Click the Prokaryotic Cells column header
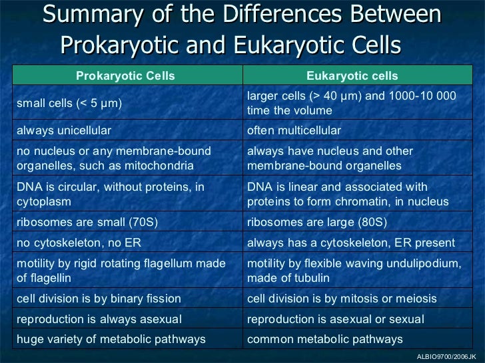[125, 76]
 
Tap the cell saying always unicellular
[64, 130]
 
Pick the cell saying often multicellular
[294, 130]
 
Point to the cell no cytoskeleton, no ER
[79, 243]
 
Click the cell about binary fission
[99, 299]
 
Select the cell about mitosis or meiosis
[342, 299]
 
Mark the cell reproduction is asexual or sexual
[335, 319]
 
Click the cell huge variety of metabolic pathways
[111, 340]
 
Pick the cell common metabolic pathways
[324, 340]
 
